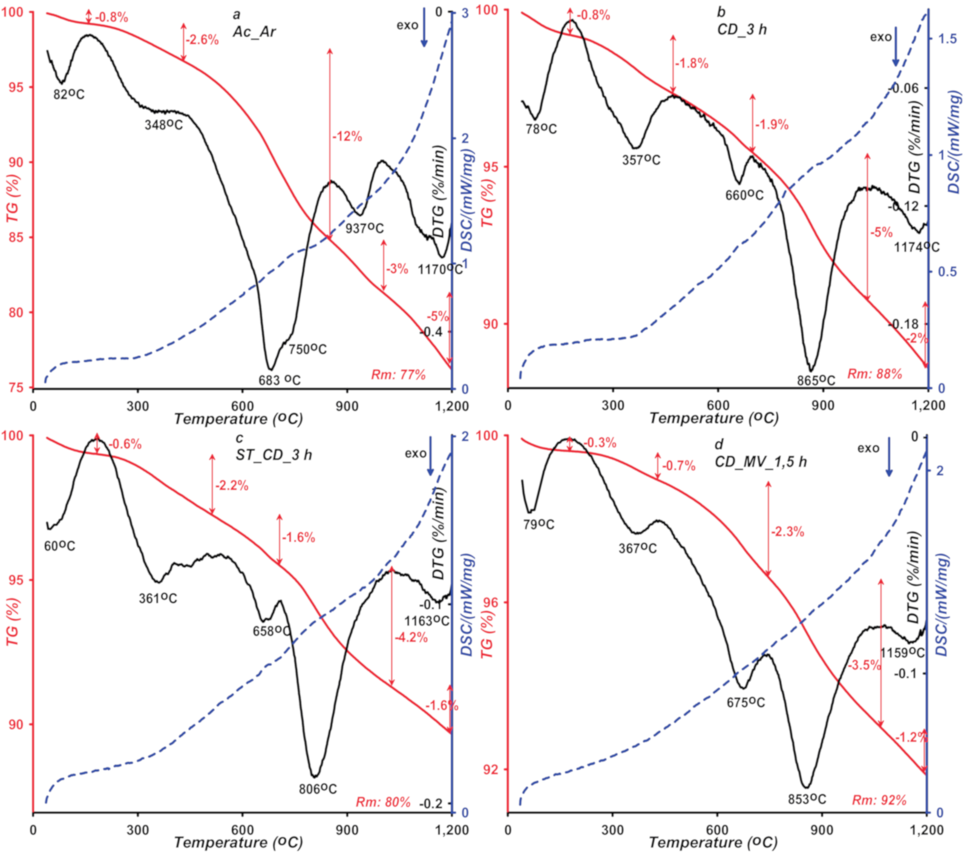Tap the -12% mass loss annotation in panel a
coord(347,137)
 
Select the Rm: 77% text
coord(399,375)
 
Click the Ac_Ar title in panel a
coord(254,31)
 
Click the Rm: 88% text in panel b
coord(874,374)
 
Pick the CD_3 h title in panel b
coord(742,30)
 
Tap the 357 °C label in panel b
coord(641,160)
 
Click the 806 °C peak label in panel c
coord(318,789)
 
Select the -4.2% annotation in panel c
coord(411,637)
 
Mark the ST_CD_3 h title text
coord(274,455)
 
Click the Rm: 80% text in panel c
coord(383,803)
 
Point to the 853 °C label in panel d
coord(807,800)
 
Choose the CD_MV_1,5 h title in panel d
coord(761,462)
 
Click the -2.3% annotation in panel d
coord(787,532)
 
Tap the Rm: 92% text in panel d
coord(879,801)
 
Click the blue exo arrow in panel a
coord(424,34)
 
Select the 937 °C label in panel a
coord(364,229)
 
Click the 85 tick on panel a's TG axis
coord(16,237)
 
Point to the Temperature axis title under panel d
coord(714,842)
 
